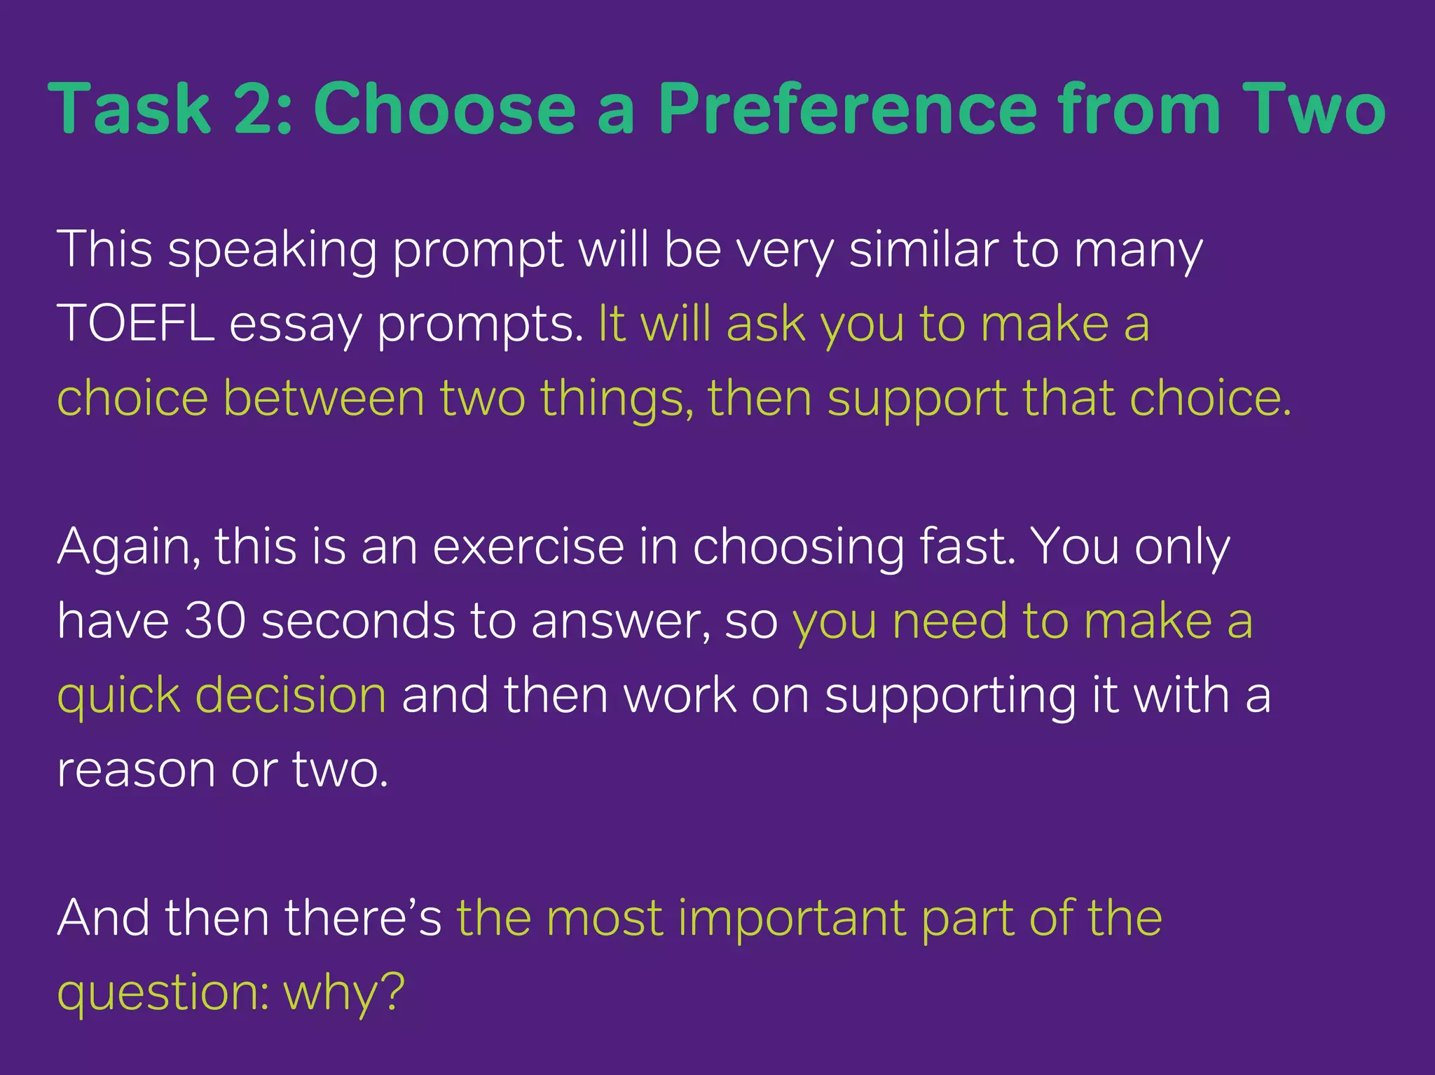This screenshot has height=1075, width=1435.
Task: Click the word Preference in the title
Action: [x=846, y=109]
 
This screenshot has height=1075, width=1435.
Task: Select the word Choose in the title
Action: [x=444, y=109]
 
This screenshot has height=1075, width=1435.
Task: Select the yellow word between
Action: [x=324, y=398]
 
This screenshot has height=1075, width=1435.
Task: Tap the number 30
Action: [x=214, y=621]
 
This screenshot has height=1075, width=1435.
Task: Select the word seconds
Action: [x=358, y=621]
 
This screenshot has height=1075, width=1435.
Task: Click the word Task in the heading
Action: [x=130, y=109]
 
